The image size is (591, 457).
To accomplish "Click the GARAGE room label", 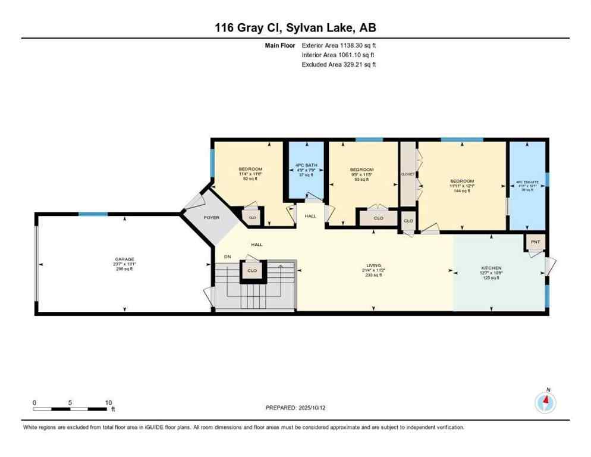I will [124, 259].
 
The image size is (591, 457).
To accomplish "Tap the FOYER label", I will [212, 218].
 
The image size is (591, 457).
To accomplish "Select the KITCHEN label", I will [491, 268].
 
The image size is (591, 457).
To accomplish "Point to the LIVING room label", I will [373, 265].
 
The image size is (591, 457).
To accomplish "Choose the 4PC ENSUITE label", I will [528, 182].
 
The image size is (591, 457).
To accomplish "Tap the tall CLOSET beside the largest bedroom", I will [408, 175].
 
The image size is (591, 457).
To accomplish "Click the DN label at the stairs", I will [227, 256].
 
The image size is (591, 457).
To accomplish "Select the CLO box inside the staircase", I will [252, 271].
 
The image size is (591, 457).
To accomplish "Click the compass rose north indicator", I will [545, 402].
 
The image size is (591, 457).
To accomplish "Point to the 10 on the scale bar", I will [108, 403].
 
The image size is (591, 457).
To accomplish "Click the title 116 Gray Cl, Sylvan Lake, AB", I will [295, 28].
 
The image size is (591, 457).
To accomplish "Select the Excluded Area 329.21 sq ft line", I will [339, 64].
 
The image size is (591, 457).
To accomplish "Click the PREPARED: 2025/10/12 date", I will [295, 408].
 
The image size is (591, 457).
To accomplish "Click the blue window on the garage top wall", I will [93, 214].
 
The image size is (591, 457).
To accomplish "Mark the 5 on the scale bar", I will [70, 403].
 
